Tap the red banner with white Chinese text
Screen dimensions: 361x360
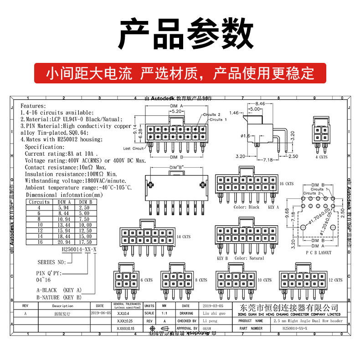[180, 72]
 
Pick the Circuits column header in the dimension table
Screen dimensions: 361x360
[40, 201]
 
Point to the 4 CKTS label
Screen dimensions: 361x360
[321, 157]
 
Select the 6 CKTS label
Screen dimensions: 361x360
[146, 280]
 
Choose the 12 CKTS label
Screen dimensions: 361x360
[335, 280]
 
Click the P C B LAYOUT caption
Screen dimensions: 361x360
[319, 252]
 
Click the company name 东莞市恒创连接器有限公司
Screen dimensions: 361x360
[288, 308]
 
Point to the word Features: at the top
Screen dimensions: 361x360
[33, 105]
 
